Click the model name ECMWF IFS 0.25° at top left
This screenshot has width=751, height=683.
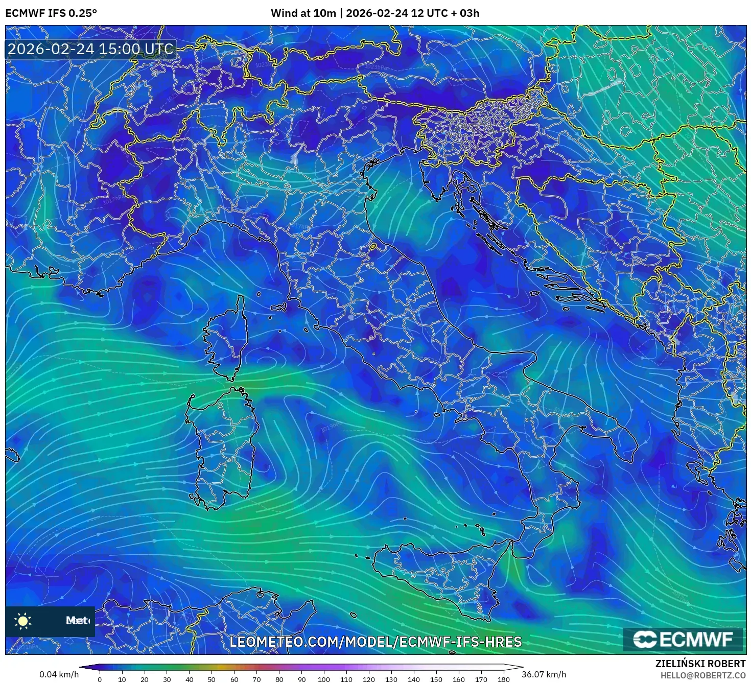pyautogui.click(x=51, y=13)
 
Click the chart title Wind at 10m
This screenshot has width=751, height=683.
pyautogui.click(x=303, y=13)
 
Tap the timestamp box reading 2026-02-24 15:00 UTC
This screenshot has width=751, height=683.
pyautogui.click(x=90, y=49)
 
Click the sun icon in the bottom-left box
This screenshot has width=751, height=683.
pyautogui.click(x=23, y=621)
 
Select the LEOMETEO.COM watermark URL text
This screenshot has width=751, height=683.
pyautogui.click(x=375, y=642)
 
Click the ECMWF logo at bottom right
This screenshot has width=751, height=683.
pyautogui.click(x=683, y=639)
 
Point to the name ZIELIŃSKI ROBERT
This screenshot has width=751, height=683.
pyautogui.click(x=700, y=664)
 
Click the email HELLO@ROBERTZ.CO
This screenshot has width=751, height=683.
pyautogui.click(x=702, y=675)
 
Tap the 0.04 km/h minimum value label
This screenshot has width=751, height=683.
pyautogui.click(x=59, y=674)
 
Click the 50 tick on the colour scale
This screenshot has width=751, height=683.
pyautogui.click(x=212, y=679)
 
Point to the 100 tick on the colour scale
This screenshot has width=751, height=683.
pyautogui.click(x=324, y=679)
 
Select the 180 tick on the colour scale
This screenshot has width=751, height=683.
pyautogui.click(x=504, y=679)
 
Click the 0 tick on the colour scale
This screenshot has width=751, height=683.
pyautogui.click(x=100, y=679)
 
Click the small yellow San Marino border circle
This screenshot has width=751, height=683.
pyautogui.click(x=373, y=247)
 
